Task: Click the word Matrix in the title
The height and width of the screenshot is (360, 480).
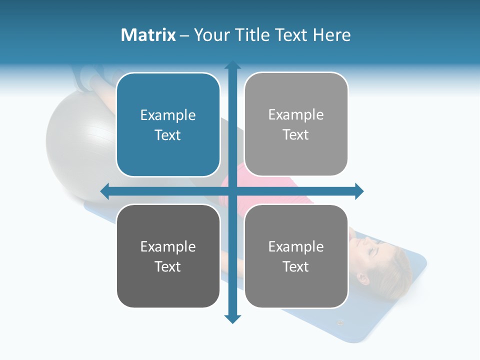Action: coord(148,35)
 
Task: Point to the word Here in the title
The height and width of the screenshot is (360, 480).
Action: coord(332,35)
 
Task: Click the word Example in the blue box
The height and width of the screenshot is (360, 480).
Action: coord(168,115)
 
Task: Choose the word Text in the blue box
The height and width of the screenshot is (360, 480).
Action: coord(168,135)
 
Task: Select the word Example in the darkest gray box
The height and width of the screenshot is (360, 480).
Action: coord(168,246)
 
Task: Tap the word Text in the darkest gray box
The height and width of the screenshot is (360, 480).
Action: coord(168,266)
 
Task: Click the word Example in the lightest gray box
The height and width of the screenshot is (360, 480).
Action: coord(296,115)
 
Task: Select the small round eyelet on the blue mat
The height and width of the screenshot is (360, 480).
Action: coord(341,322)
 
